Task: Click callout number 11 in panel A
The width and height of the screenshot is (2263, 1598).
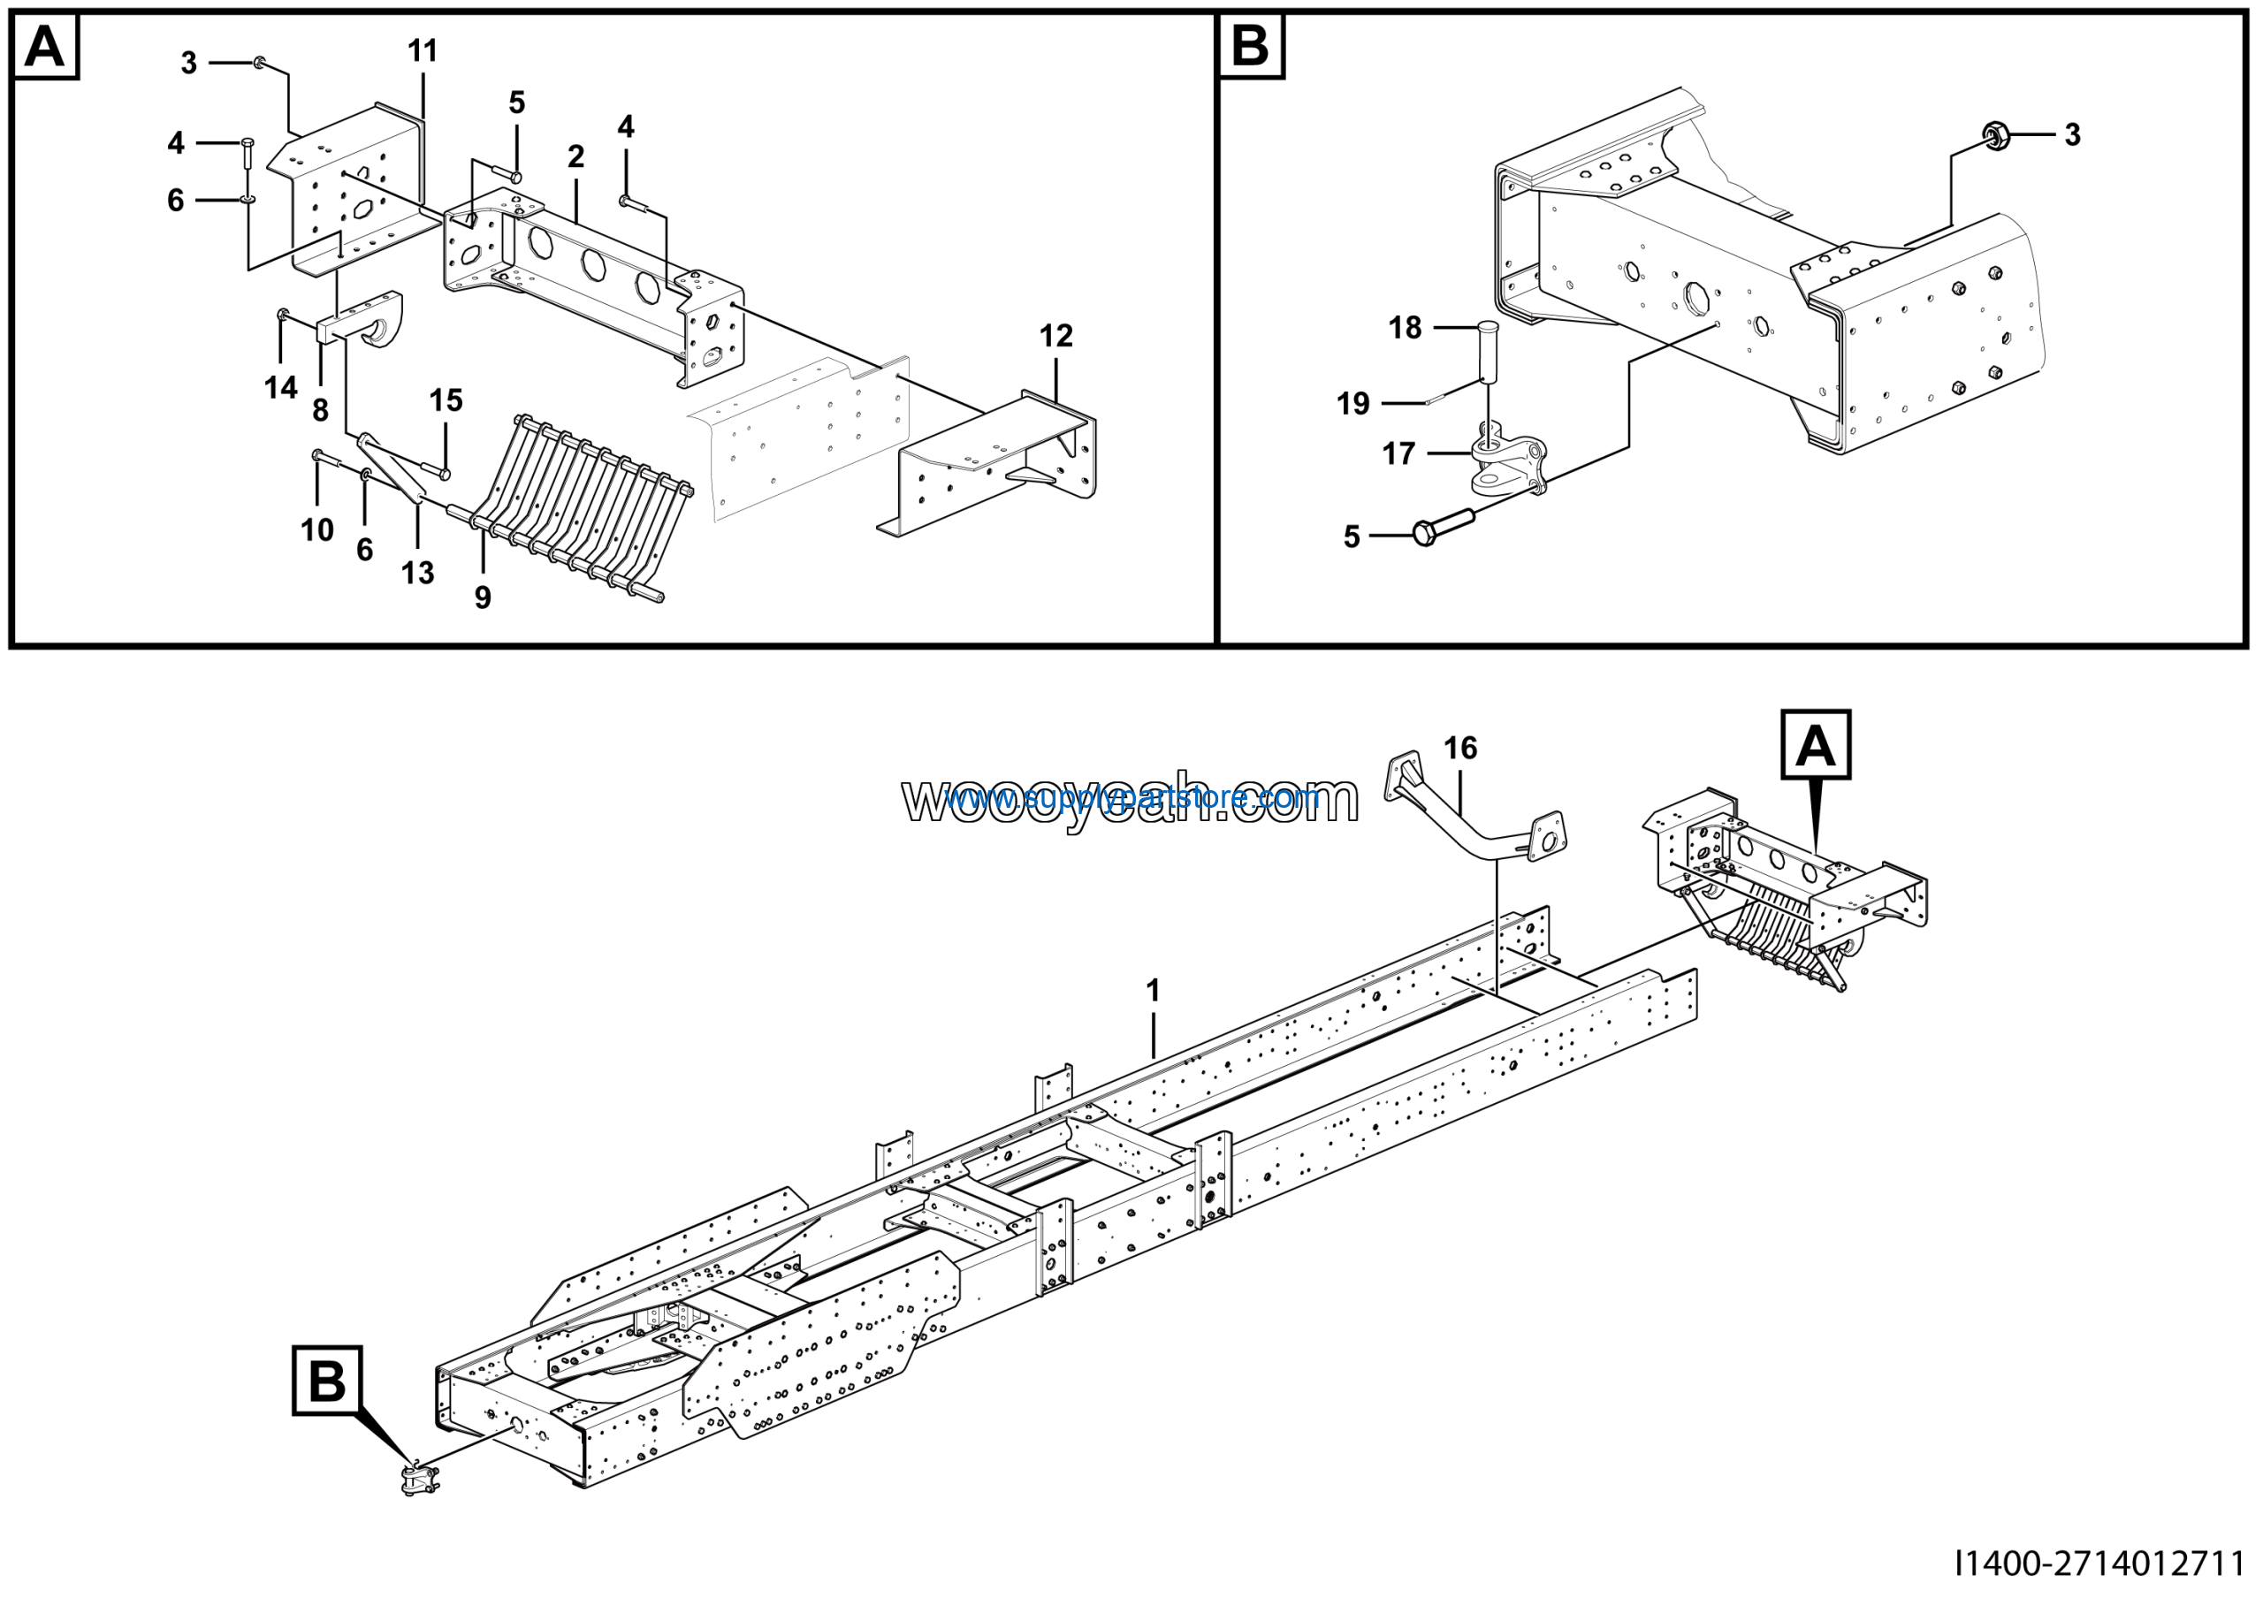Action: pyautogui.click(x=423, y=51)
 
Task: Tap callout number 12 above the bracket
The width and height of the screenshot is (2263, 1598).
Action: pyautogui.click(x=1055, y=336)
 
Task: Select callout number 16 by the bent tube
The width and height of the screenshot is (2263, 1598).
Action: pyautogui.click(x=1459, y=749)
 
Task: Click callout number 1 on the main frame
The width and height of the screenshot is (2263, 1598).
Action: pyautogui.click(x=1152, y=990)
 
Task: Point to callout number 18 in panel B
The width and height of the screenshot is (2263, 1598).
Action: pyautogui.click(x=1405, y=327)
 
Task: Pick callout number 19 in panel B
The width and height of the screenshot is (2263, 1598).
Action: pyautogui.click(x=1352, y=403)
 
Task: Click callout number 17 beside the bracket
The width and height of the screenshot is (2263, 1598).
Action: pyautogui.click(x=1398, y=453)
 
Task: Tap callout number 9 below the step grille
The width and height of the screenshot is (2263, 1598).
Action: pyautogui.click(x=482, y=597)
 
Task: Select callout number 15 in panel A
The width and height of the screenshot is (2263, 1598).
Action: pyautogui.click(x=446, y=400)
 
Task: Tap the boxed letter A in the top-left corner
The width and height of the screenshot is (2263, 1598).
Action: pyautogui.click(x=44, y=46)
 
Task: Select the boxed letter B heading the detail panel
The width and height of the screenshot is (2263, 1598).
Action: pyautogui.click(x=1251, y=46)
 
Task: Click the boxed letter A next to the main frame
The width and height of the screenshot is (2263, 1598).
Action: pyautogui.click(x=1815, y=746)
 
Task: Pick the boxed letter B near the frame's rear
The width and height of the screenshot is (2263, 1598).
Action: pyautogui.click(x=327, y=1381)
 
